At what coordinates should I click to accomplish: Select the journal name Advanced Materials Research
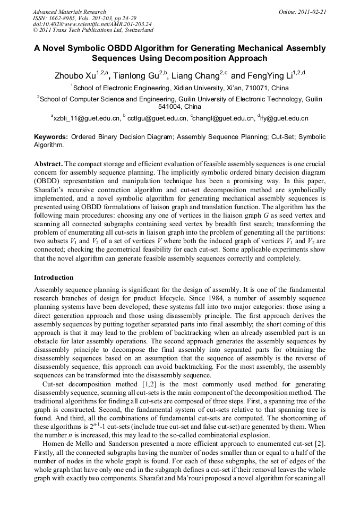pos(69,12)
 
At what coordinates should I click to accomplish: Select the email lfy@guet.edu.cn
pos(284,118)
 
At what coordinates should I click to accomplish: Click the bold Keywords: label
pos(51,137)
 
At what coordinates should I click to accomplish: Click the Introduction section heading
pos(54,278)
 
